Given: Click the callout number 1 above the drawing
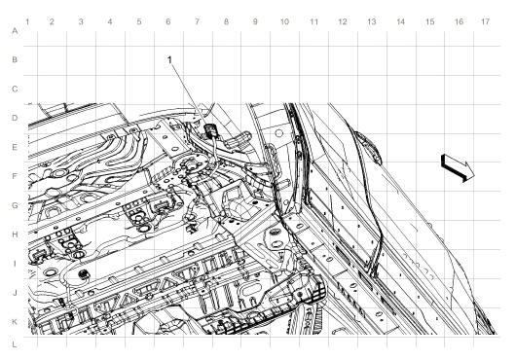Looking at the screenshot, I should [x=170, y=60].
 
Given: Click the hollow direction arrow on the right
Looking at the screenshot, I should [x=456, y=167].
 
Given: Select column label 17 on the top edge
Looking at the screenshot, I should [x=485, y=20].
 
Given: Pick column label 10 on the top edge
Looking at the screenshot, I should [x=283, y=20].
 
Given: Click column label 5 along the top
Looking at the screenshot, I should [x=138, y=20].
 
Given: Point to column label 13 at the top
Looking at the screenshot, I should [x=371, y=20].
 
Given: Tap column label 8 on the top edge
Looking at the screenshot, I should [x=226, y=20].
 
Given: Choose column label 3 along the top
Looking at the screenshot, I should [x=80, y=20].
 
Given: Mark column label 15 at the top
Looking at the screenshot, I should [x=429, y=20].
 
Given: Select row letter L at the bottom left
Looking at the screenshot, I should [x=14, y=343].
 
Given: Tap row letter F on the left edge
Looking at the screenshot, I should [x=14, y=176].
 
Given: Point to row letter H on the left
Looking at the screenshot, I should [x=14, y=234].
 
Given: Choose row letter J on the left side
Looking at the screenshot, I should [x=14, y=292].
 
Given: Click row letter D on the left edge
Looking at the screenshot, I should [x=14, y=119].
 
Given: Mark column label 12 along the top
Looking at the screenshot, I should [x=342, y=20].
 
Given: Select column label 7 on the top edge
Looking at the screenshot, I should [x=197, y=20].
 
